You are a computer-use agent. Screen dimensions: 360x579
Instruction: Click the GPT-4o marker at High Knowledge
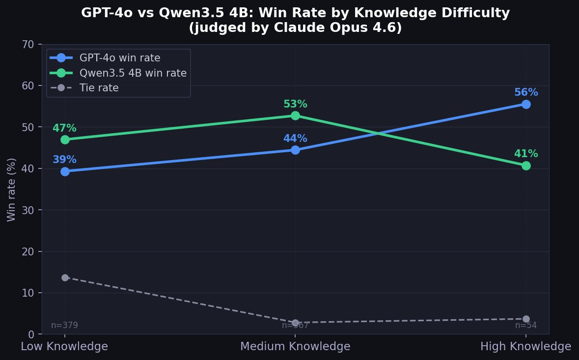pyautogui.click(x=526, y=104)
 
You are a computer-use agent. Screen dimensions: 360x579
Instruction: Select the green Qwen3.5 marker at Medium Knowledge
pyautogui.click(x=295, y=115)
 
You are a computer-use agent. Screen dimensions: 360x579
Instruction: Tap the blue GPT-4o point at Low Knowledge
pyautogui.click(x=65, y=171)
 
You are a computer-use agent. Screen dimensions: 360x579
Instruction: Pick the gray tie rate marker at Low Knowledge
pyautogui.click(x=65, y=277)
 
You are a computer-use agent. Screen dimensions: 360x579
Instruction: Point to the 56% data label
pyautogui.click(x=526, y=92)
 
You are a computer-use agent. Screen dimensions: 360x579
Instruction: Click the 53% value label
pyautogui.click(x=295, y=104)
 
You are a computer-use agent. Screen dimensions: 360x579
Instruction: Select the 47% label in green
pyautogui.click(x=64, y=128)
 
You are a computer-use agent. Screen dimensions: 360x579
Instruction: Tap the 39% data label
pyautogui.click(x=64, y=160)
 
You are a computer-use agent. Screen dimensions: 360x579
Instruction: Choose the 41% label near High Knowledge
pyautogui.click(x=526, y=154)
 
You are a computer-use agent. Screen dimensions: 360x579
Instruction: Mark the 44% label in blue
pyautogui.click(x=295, y=138)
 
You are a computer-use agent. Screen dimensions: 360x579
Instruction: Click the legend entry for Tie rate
pyautogui.click(x=99, y=88)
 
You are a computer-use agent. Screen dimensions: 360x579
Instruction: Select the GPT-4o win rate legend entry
pyautogui.click(x=120, y=58)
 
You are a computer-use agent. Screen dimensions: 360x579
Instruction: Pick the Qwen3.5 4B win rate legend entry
pyautogui.click(x=133, y=73)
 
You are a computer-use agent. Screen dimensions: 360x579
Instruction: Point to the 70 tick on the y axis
pyautogui.click(x=28, y=44)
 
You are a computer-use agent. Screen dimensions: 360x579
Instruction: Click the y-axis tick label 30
pyautogui.click(x=28, y=210)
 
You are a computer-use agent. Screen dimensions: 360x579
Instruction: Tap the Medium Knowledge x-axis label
pyautogui.click(x=295, y=346)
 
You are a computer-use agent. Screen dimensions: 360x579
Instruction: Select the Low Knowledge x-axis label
pyautogui.click(x=64, y=346)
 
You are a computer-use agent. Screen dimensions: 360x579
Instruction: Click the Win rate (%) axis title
pyautogui.click(x=11, y=190)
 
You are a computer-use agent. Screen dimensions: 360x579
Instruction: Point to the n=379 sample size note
pyautogui.click(x=64, y=325)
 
